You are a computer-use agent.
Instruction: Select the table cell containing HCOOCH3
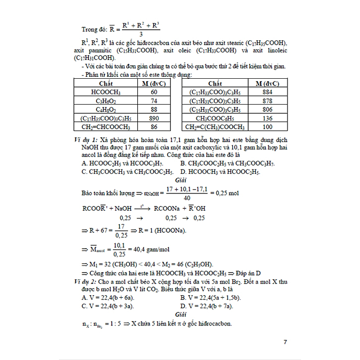point(105,92)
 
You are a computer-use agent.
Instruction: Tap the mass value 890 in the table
point(154,118)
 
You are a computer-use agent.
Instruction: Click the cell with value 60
point(154,92)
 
